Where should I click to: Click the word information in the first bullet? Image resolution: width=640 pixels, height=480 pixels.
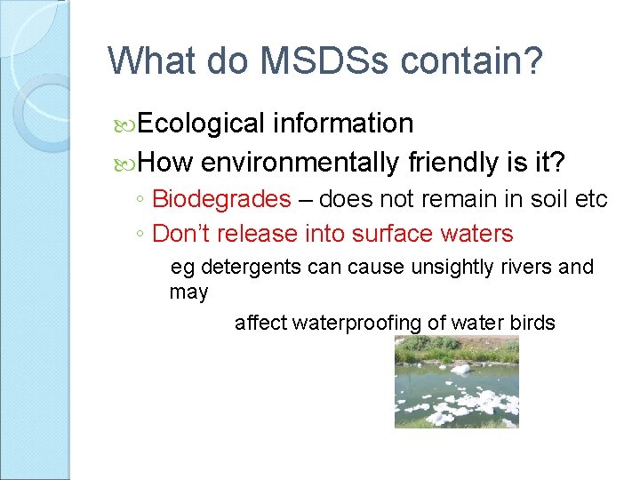click(x=343, y=123)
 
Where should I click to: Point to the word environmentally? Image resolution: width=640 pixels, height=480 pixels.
click(x=300, y=162)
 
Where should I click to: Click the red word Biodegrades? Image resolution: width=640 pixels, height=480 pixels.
click(x=221, y=199)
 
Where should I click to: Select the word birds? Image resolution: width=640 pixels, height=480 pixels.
click(x=531, y=323)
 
